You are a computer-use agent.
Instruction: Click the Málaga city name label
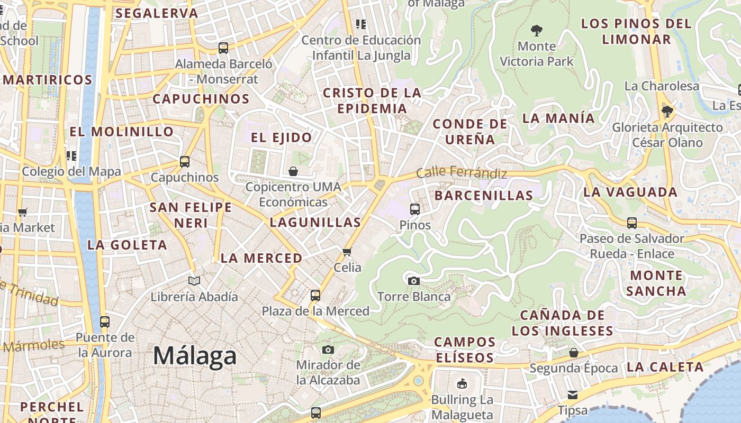pyautogui.click(x=194, y=356)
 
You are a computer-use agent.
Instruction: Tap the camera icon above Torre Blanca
pyautogui.click(x=414, y=281)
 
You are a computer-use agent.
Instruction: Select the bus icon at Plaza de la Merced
pyautogui.click(x=315, y=295)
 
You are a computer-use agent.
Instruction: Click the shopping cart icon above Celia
pyautogui.click(x=347, y=252)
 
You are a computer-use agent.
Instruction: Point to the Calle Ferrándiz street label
pyautogui.click(x=461, y=172)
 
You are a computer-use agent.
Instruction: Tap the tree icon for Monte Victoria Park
pyautogui.click(x=537, y=31)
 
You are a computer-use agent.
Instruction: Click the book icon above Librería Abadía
pyautogui.click(x=194, y=281)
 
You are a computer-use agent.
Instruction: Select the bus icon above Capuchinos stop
pyautogui.click(x=184, y=162)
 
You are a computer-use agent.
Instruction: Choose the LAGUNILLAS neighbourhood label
pyautogui.click(x=315, y=223)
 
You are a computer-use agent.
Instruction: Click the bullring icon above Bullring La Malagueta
pyautogui.click(x=462, y=383)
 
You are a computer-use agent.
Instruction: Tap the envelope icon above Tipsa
pyautogui.click(x=573, y=394)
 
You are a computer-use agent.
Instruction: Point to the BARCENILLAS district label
pyautogui.click(x=484, y=196)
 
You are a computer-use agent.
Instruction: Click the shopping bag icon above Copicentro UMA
pyautogui.click(x=293, y=171)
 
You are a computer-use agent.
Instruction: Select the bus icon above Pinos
pyautogui.click(x=415, y=209)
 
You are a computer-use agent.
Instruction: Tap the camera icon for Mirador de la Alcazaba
pyautogui.click(x=328, y=350)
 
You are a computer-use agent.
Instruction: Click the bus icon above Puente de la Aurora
pyautogui.click(x=105, y=321)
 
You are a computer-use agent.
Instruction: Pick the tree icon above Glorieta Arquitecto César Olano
pyautogui.click(x=667, y=112)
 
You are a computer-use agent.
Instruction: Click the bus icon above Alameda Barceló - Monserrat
pyautogui.click(x=223, y=48)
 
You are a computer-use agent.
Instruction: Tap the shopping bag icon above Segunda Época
pyautogui.click(x=573, y=353)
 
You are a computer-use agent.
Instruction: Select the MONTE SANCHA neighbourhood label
pyautogui.click(x=656, y=283)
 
